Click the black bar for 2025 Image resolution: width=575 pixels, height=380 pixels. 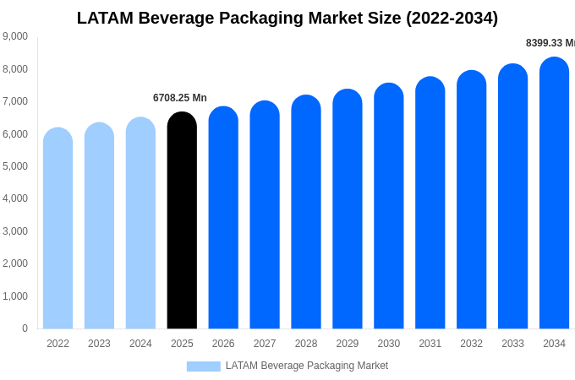[x=182, y=221]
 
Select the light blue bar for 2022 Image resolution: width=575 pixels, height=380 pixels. [x=57, y=229]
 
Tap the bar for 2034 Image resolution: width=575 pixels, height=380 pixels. [x=554, y=193]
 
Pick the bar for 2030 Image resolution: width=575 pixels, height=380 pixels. [x=389, y=206]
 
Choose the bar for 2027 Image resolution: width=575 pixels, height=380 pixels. [x=265, y=215]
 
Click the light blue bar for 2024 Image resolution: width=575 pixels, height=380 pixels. [x=140, y=224]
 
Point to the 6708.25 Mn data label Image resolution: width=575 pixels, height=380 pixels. [x=180, y=98]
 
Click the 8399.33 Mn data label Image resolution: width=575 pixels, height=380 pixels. [x=550, y=43]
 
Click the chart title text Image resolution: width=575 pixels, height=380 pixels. [x=287, y=18]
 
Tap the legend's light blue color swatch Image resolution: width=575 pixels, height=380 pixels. [x=203, y=366]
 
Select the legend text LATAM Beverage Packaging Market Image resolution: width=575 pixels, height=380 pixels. [x=306, y=366]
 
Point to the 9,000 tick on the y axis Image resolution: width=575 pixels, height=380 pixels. [x=15, y=36]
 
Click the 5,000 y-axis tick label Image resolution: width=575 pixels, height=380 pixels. [x=15, y=166]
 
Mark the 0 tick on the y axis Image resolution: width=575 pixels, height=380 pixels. [x=25, y=328]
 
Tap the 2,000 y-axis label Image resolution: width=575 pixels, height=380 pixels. [x=15, y=263]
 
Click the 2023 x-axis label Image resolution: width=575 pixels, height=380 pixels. [x=99, y=344]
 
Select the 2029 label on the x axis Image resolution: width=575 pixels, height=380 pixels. [x=348, y=344]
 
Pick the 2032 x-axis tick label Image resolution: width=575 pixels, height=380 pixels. [x=471, y=344]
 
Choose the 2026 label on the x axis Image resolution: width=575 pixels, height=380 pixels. [x=223, y=344]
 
